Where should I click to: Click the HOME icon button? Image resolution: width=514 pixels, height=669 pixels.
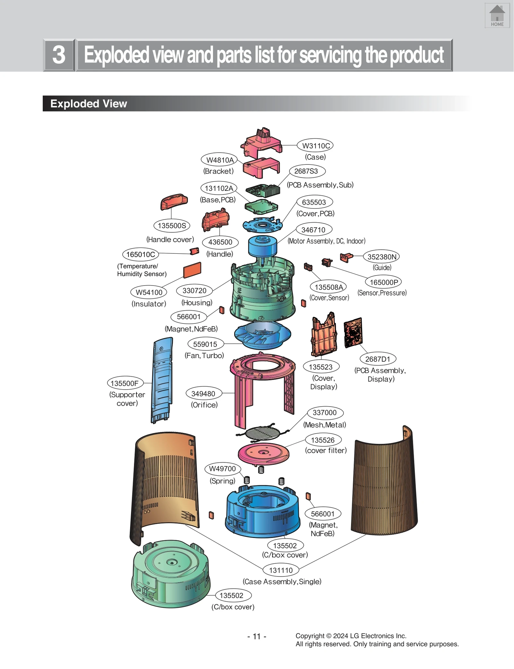coord(497,16)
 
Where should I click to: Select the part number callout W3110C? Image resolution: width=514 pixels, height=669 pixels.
coord(315,145)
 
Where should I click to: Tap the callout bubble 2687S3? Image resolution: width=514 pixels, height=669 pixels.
coord(307,171)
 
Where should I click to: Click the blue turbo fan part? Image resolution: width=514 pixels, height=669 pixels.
coord(262,335)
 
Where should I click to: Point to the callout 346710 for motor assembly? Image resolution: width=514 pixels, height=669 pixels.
coord(314,230)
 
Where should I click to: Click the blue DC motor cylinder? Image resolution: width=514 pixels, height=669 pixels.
coord(262,246)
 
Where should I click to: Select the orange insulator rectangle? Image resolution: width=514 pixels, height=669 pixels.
coord(192,270)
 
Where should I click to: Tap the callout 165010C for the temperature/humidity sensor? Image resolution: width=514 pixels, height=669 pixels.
coord(140,254)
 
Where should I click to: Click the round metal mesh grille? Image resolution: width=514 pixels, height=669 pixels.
coord(262,433)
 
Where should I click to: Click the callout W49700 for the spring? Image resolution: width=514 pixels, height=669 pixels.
coord(222,469)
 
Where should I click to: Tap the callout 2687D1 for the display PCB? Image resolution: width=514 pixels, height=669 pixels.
coord(377,359)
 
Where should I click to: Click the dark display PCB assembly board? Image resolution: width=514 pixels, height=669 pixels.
coord(353,332)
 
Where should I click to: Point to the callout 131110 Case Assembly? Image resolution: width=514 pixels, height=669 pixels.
coord(281,570)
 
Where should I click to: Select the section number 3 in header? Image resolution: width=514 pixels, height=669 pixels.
coord(59,55)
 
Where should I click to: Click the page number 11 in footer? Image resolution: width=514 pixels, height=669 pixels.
coord(257,636)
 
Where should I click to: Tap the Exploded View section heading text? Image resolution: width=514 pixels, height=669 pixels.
coord(89,103)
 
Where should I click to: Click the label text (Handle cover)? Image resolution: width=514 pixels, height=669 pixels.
coord(170,239)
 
